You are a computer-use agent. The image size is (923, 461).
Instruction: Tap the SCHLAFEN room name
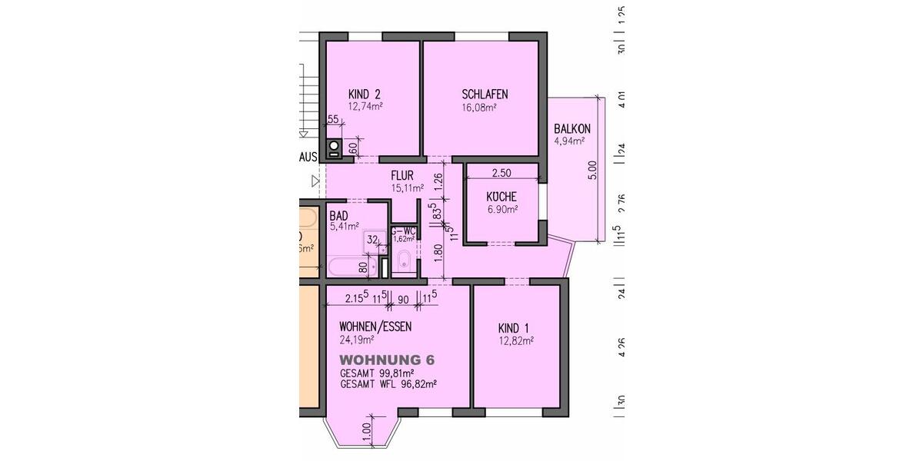[485, 95]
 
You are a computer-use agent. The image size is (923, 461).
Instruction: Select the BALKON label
[572, 128]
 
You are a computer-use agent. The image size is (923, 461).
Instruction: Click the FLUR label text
[402, 175]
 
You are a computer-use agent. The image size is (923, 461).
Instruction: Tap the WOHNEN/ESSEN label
[375, 327]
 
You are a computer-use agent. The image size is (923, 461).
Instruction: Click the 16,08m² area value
[479, 108]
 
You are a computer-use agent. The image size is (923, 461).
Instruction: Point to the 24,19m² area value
[357, 339]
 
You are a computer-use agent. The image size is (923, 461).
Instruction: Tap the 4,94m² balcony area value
[570, 141]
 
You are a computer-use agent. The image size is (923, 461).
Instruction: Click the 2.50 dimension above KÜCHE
[501, 173]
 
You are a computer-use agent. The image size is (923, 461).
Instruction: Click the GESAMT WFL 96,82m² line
[388, 384]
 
